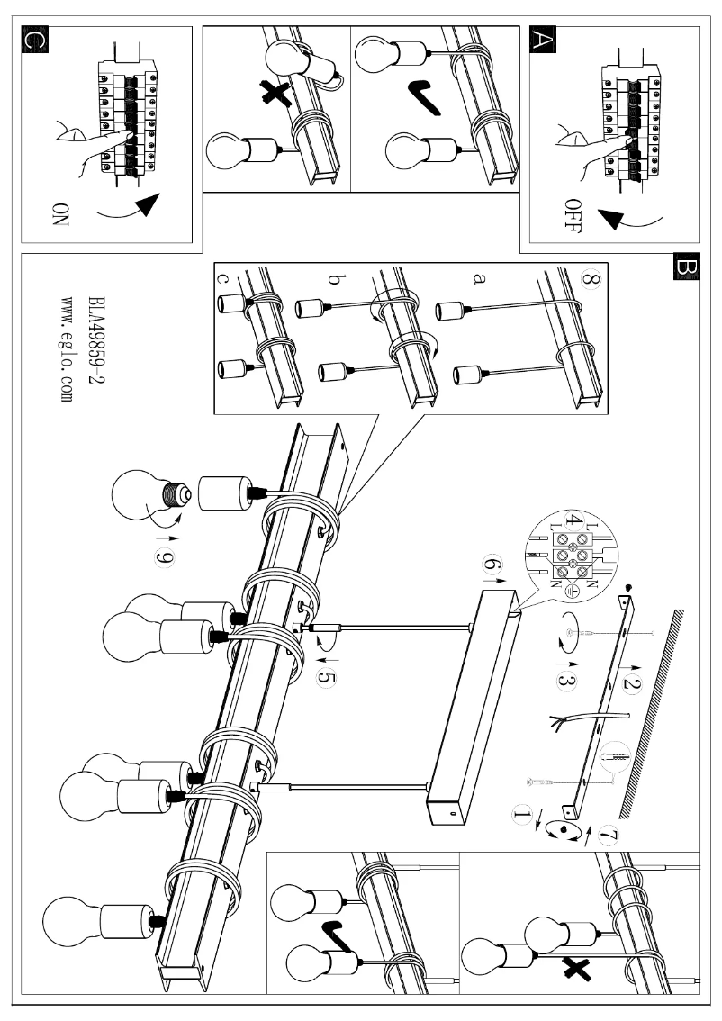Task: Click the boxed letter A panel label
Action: [542, 41]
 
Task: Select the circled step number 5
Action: [326, 676]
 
